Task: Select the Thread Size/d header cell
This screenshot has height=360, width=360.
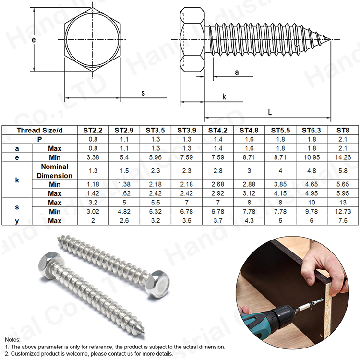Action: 40,130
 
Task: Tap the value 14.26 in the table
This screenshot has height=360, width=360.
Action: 343,157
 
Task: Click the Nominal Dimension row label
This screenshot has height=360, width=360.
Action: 54,171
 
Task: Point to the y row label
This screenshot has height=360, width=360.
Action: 17,220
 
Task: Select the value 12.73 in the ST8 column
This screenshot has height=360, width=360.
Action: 343,211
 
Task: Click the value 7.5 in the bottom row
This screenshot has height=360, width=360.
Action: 343,220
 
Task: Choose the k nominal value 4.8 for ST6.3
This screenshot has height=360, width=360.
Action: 312,171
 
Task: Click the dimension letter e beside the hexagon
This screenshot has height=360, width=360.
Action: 34,40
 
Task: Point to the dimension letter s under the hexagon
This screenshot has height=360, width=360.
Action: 143,93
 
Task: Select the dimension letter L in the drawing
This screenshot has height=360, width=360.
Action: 270,112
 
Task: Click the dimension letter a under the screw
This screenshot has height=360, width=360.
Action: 237,72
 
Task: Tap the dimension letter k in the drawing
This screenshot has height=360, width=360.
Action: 224,96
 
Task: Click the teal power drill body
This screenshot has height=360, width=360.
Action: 262,321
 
